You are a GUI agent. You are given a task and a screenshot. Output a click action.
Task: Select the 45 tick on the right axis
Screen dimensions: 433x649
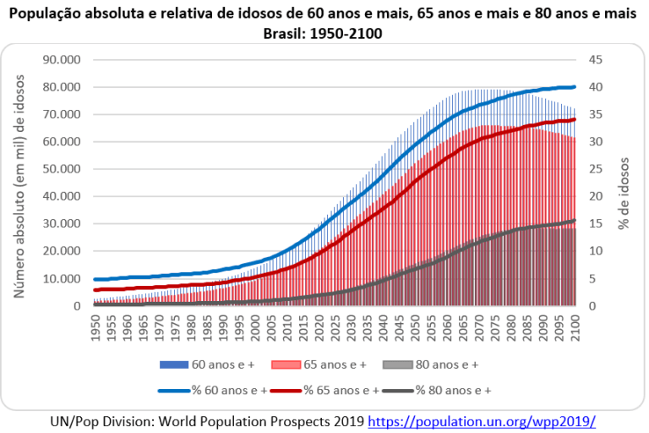(x=595, y=60)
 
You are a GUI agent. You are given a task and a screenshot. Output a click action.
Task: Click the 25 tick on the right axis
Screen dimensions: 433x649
(x=595, y=169)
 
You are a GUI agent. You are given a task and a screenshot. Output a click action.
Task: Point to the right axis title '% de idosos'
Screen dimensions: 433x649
(x=626, y=182)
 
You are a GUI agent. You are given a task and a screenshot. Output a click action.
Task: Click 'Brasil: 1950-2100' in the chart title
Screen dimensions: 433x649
(x=324, y=34)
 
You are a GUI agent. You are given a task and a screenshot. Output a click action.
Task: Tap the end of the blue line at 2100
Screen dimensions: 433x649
(x=575, y=87)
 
